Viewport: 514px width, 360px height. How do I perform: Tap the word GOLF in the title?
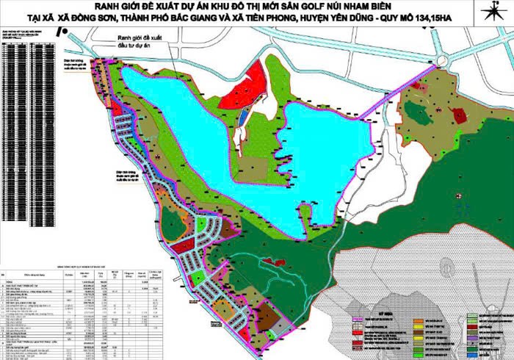coord(328,8)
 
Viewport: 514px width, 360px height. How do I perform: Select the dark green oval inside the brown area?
coord(419,113)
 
